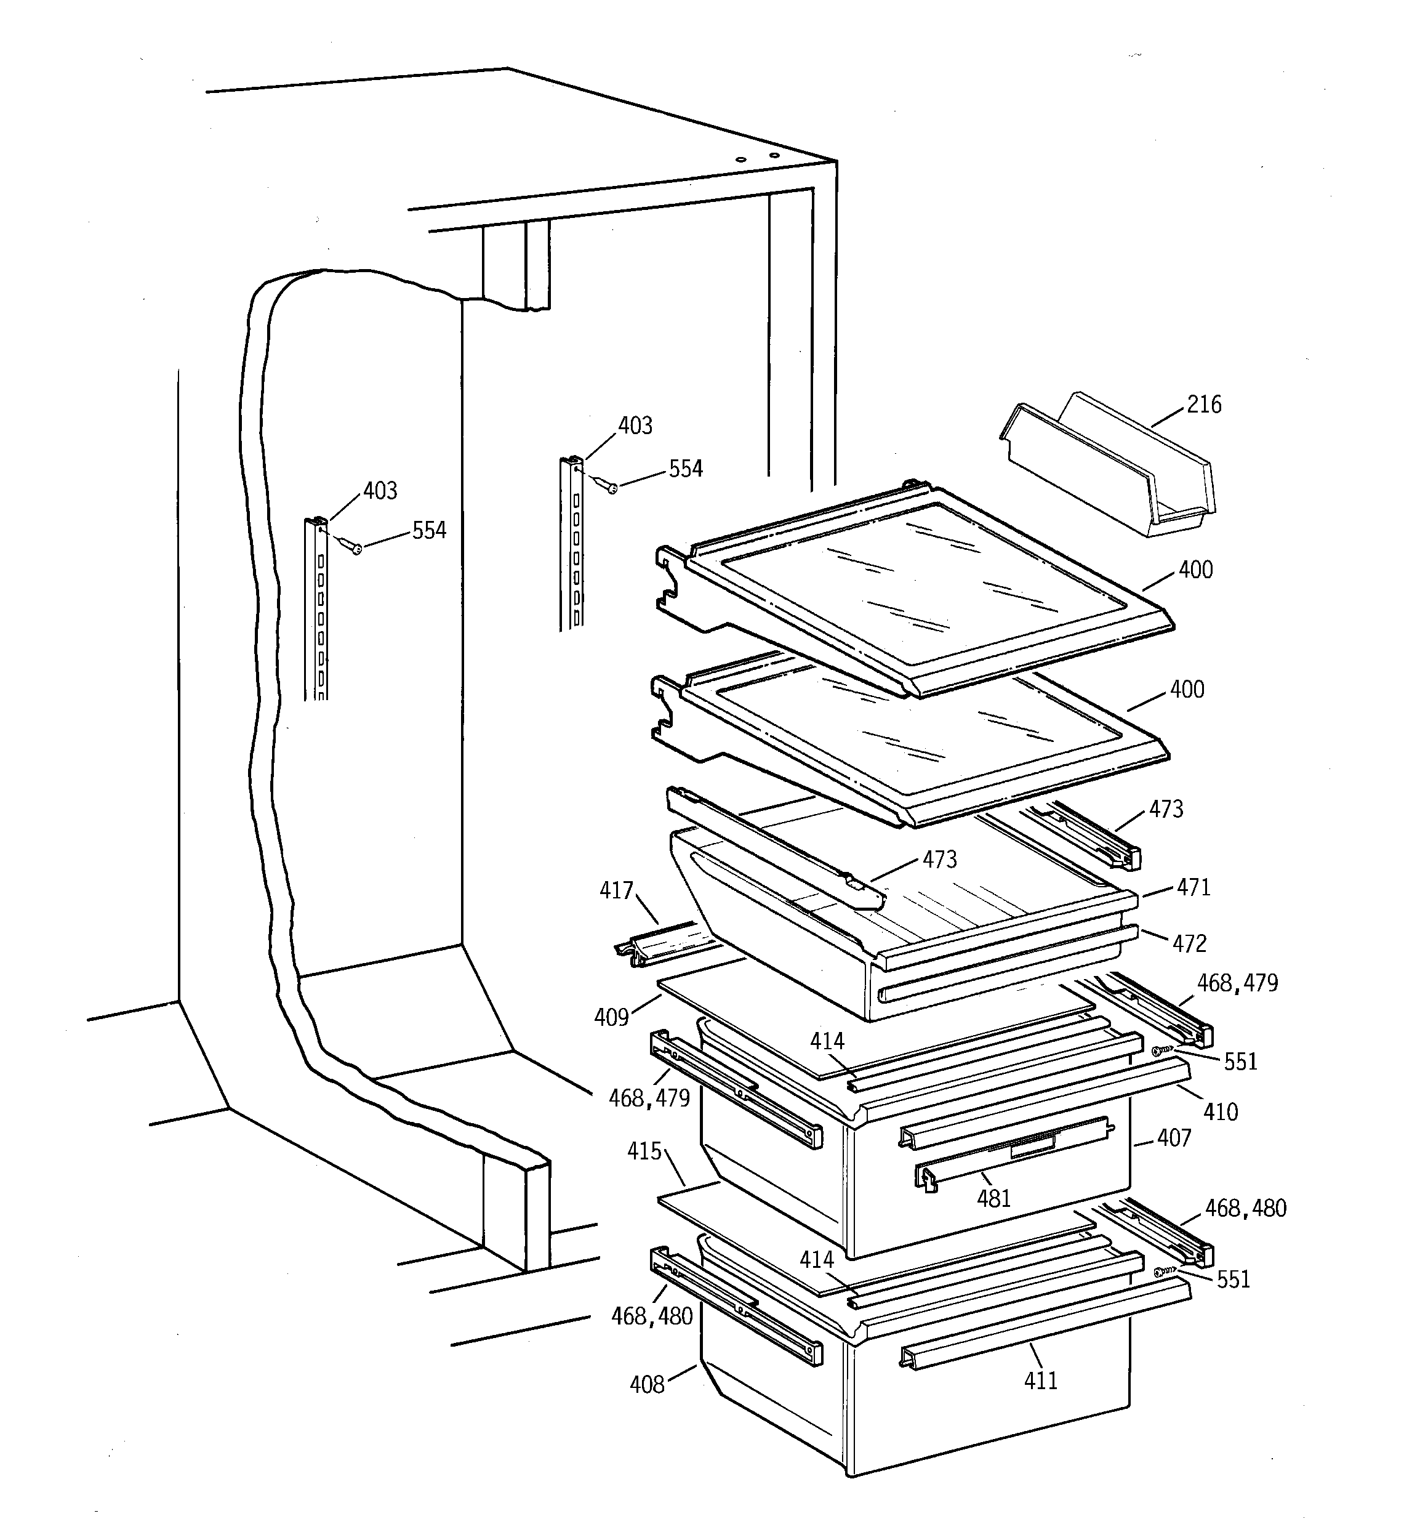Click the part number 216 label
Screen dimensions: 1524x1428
1203,404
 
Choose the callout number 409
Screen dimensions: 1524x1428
611,1017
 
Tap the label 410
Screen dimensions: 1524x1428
1221,1111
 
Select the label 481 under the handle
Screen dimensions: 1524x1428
993,1198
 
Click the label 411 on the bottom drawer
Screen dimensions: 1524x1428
1040,1381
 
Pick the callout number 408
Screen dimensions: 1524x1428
647,1384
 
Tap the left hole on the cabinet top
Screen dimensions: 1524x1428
740,159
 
